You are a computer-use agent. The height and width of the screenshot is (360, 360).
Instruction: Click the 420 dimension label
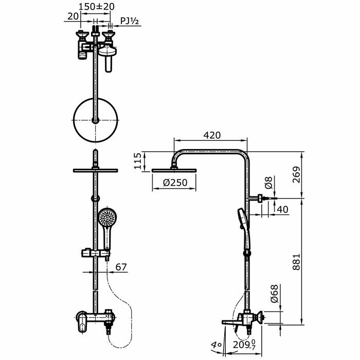click(x=212, y=135)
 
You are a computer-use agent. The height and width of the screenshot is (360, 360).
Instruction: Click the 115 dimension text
click(x=137, y=161)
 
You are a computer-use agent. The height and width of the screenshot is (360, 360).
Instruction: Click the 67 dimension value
click(x=121, y=267)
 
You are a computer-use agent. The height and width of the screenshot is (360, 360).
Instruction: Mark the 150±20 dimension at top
click(x=97, y=7)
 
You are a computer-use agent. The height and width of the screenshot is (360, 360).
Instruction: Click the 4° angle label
click(x=216, y=345)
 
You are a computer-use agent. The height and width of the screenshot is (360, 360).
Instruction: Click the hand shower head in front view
click(x=106, y=218)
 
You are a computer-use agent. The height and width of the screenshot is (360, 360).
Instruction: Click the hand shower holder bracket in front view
click(x=95, y=253)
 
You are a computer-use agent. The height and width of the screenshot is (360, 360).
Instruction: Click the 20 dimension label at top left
click(x=73, y=16)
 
